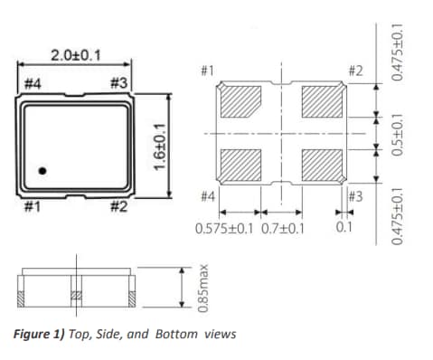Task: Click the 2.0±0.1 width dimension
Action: pyautogui.click(x=75, y=55)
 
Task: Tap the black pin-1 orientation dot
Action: pyautogui.click(x=42, y=169)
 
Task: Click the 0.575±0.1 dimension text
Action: pyautogui.click(x=225, y=229)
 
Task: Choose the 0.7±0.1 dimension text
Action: pyautogui.click(x=282, y=229)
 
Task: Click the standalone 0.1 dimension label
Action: pyautogui.click(x=344, y=229)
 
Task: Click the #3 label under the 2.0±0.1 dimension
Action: pyautogui.click(x=117, y=84)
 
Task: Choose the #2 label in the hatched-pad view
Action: pyautogui.click(x=355, y=71)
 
